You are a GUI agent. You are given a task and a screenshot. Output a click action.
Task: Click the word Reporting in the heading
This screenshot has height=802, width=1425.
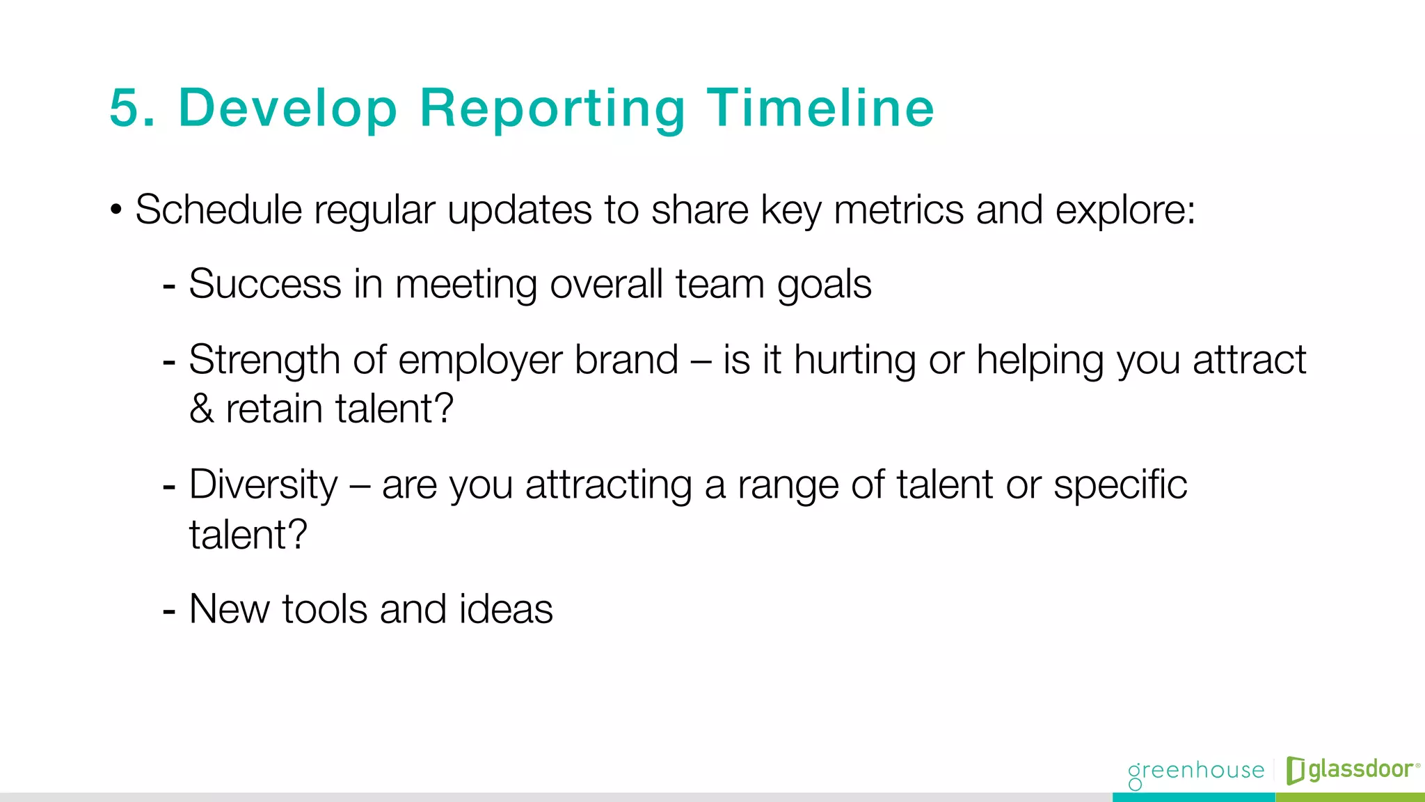tap(552, 109)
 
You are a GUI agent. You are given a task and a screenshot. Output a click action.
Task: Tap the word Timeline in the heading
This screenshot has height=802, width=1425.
tap(820, 109)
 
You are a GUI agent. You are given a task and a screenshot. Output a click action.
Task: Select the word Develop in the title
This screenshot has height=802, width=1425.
tap(288, 109)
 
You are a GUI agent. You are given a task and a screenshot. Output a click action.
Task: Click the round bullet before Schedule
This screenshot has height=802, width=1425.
tap(116, 210)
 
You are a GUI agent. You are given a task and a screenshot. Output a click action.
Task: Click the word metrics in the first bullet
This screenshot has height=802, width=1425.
tap(898, 210)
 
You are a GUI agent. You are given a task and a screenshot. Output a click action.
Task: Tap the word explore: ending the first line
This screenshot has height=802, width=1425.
tap(1125, 210)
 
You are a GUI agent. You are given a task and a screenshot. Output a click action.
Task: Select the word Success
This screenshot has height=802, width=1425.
tap(264, 284)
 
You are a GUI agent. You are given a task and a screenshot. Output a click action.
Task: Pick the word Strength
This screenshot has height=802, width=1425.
tap(264, 361)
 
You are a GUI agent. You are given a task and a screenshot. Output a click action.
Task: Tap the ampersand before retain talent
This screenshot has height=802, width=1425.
tap(201, 409)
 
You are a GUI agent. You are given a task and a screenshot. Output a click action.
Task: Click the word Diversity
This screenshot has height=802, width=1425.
tap(263, 485)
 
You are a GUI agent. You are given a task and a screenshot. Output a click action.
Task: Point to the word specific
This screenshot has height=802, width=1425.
tap(1120, 485)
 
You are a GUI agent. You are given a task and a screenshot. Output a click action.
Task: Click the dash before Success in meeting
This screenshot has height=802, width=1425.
tap(168, 285)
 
